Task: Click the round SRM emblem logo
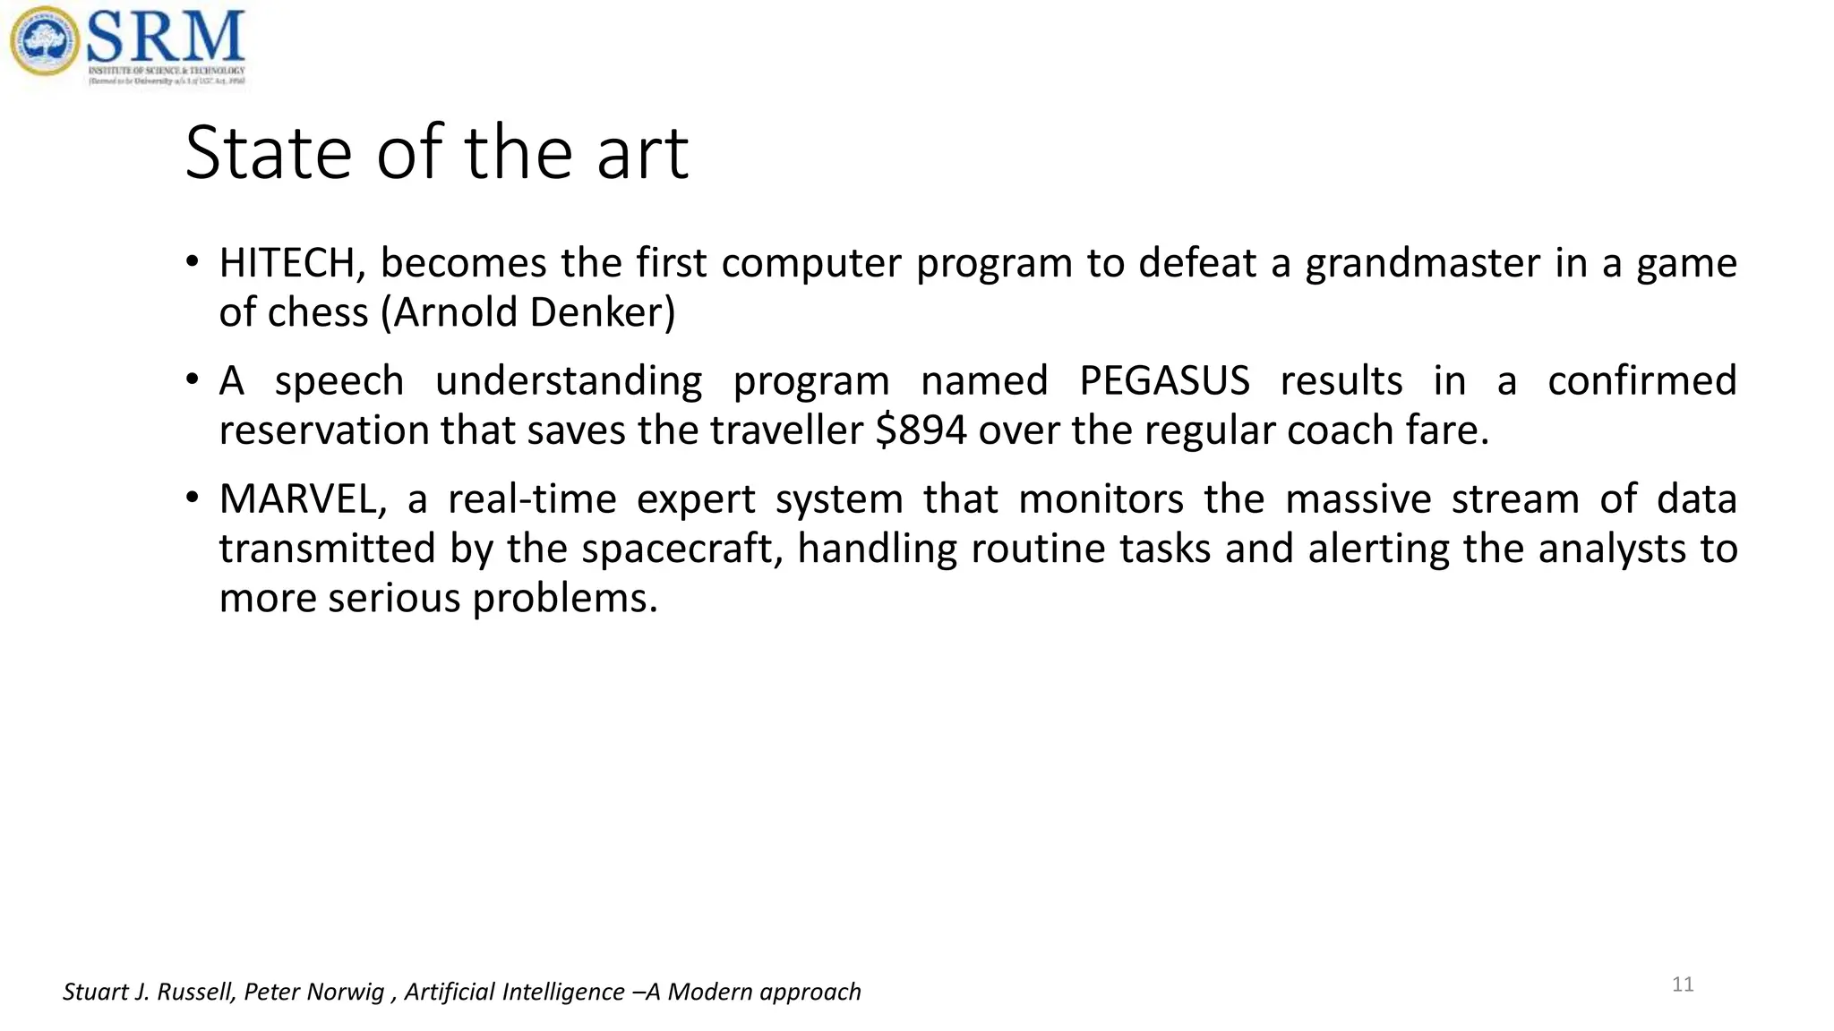(44, 41)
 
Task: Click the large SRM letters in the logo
(166, 38)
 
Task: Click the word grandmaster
(1421, 264)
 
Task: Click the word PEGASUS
(1164, 381)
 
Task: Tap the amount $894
(921, 430)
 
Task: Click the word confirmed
(1641, 381)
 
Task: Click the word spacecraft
(682, 549)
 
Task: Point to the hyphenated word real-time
(532, 499)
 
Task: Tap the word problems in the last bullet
(564, 599)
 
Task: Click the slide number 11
(1683, 985)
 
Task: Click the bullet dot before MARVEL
(192, 498)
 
